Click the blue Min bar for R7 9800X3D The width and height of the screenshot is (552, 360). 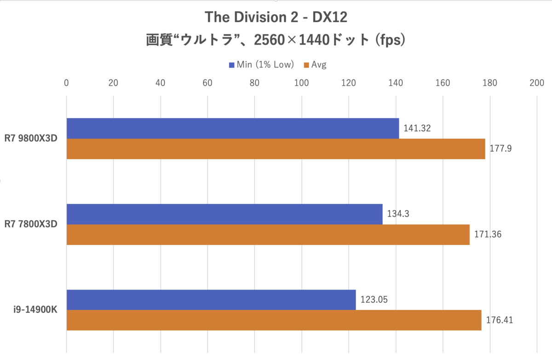[x=233, y=128]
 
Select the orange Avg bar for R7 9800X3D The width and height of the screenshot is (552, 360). [x=276, y=149]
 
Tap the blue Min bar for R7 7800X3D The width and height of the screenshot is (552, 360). [x=224, y=214]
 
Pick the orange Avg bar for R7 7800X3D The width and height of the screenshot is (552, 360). [x=268, y=234]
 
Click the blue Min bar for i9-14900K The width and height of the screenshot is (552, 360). [x=211, y=300]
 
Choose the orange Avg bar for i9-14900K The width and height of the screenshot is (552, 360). [x=274, y=320]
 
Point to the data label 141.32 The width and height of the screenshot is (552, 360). [x=417, y=128]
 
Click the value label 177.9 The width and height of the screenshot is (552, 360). [x=500, y=149]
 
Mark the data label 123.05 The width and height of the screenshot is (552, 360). [x=374, y=300]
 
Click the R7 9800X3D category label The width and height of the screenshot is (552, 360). [x=31, y=139]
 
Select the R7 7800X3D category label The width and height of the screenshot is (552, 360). [x=31, y=224]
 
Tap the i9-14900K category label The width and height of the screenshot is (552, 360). [x=35, y=310]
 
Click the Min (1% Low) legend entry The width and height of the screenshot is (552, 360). [x=261, y=65]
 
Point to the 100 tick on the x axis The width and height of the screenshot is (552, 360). [x=302, y=83]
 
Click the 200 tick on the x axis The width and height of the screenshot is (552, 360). [x=537, y=83]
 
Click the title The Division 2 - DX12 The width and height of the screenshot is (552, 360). [x=276, y=17]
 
